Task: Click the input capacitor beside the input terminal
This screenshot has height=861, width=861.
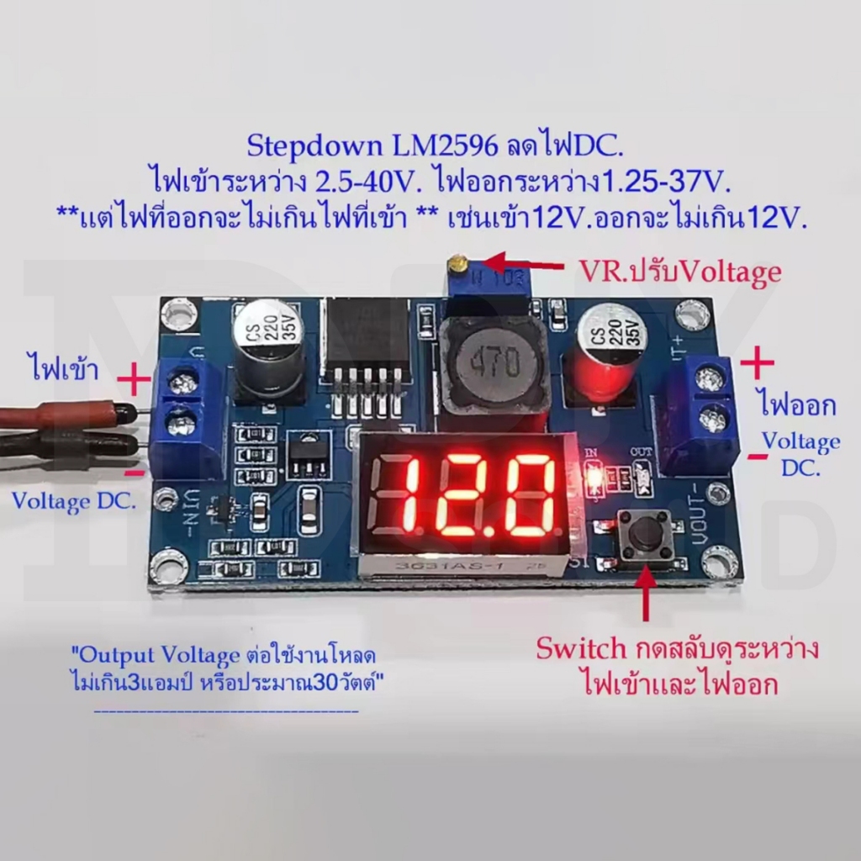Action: tap(268, 346)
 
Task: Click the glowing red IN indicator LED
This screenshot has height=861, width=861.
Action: tap(593, 476)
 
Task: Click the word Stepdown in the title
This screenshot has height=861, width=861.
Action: tap(314, 147)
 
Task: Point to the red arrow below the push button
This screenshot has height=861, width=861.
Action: tap(646, 593)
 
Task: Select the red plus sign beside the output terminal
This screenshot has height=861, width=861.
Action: tap(758, 362)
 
